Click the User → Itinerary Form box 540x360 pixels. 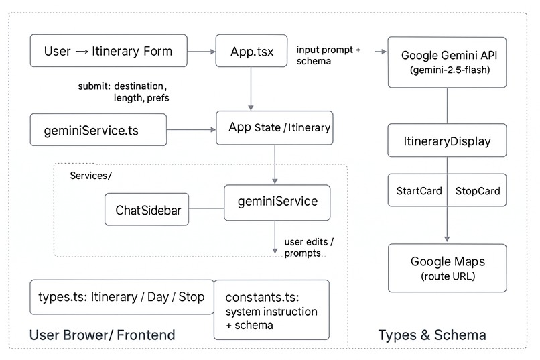(x=108, y=51)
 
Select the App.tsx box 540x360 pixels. (x=251, y=51)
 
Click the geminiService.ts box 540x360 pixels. (x=98, y=129)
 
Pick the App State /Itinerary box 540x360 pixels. (x=274, y=127)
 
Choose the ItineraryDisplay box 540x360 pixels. (x=447, y=141)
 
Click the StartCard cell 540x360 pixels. (x=419, y=191)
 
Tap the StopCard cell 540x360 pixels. (x=477, y=191)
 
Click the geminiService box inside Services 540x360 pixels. (x=277, y=202)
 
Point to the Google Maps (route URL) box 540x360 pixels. (x=447, y=267)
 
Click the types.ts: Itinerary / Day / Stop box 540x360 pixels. (x=122, y=297)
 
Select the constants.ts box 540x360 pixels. (x=271, y=309)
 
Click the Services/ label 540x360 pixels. (x=90, y=175)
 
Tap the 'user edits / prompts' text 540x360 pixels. (x=309, y=247)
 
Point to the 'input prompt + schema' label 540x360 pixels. (x=330, y=56)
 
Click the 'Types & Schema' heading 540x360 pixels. (x=432, y=335)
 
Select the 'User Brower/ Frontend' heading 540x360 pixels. (x=102, y=335)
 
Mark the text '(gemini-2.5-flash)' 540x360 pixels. (x=447, y=70)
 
